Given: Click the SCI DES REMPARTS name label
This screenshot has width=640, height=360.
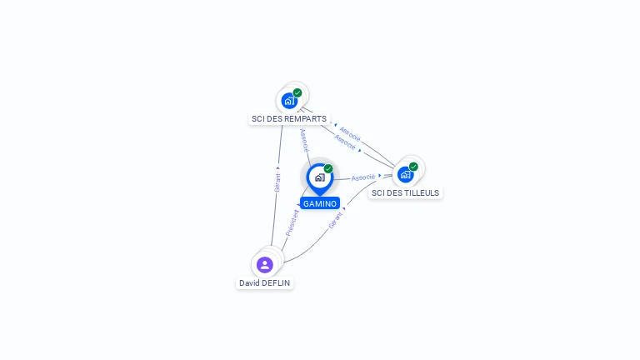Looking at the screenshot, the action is (x=289, y=119).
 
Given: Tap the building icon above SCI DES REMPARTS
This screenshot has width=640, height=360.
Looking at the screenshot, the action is (x=289, y=101).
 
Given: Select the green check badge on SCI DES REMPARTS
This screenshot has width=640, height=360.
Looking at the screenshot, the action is (x=297, y=92).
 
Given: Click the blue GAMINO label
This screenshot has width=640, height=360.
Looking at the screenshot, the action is (x=320, y=203).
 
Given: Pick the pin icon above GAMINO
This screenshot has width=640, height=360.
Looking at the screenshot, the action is (x=320, y=179).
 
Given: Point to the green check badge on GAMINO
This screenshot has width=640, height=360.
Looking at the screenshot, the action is (x=328, y=168).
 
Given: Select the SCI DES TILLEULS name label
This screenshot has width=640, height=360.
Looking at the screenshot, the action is (x=405, y=192).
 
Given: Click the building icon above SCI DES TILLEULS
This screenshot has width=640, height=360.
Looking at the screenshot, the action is (x=405, y=175).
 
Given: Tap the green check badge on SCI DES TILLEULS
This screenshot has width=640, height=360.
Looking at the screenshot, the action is (x=413, y=167).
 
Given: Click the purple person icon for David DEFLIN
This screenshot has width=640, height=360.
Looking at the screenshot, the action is (x=264, y=265).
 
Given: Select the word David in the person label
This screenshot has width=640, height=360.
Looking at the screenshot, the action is (x=247, y=282).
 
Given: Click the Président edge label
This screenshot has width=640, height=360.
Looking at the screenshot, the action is (x=292, y=222).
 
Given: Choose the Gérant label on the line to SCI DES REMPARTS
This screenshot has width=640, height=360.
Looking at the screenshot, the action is (x=277, y=182).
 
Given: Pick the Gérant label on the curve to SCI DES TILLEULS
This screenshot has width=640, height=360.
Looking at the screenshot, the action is (x=335, y=220).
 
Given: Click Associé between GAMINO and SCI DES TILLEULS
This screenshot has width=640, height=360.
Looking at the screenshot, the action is (x=362, y=177).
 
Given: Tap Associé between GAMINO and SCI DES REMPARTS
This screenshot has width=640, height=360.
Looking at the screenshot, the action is (x=304, y=140).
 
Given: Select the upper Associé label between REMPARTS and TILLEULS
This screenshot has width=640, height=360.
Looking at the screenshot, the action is (x=350, y=134).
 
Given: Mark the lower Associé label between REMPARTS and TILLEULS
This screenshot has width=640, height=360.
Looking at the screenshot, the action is (x=345, y=142).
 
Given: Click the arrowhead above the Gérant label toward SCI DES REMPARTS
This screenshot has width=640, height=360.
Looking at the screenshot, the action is (x=278, y=167).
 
